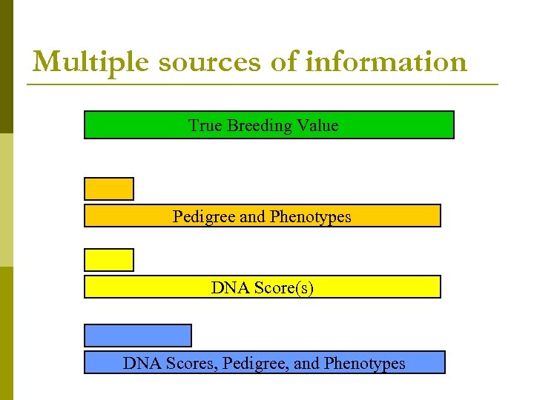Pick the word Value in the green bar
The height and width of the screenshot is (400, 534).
coord(317,125)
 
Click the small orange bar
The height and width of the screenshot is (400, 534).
coord(109,189)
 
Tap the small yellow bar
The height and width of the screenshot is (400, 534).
coord(109,260)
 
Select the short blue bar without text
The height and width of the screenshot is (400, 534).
coord(138,336)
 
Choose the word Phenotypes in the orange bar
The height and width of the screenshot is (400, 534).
coord(311,216)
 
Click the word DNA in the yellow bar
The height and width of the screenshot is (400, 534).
coord(228,287)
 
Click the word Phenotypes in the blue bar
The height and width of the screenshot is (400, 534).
coord(366,363)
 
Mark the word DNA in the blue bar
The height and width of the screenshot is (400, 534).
coord(140,363)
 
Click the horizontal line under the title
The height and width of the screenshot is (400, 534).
coord(263,84)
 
